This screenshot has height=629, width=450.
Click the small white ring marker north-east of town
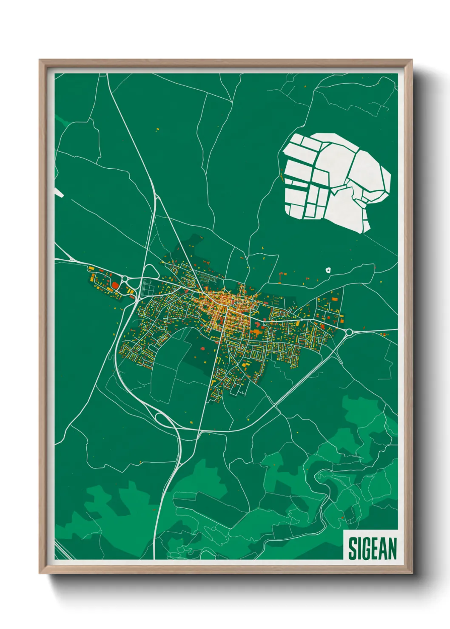pos(328,269)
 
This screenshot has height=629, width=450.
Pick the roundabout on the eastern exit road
pos(349,332)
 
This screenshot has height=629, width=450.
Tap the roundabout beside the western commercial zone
pos(125,279)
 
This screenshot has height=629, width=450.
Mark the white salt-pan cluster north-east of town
pos(336,181)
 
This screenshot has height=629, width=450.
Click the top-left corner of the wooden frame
pos(40,60)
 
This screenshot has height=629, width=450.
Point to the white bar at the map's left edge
pos(59,193)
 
